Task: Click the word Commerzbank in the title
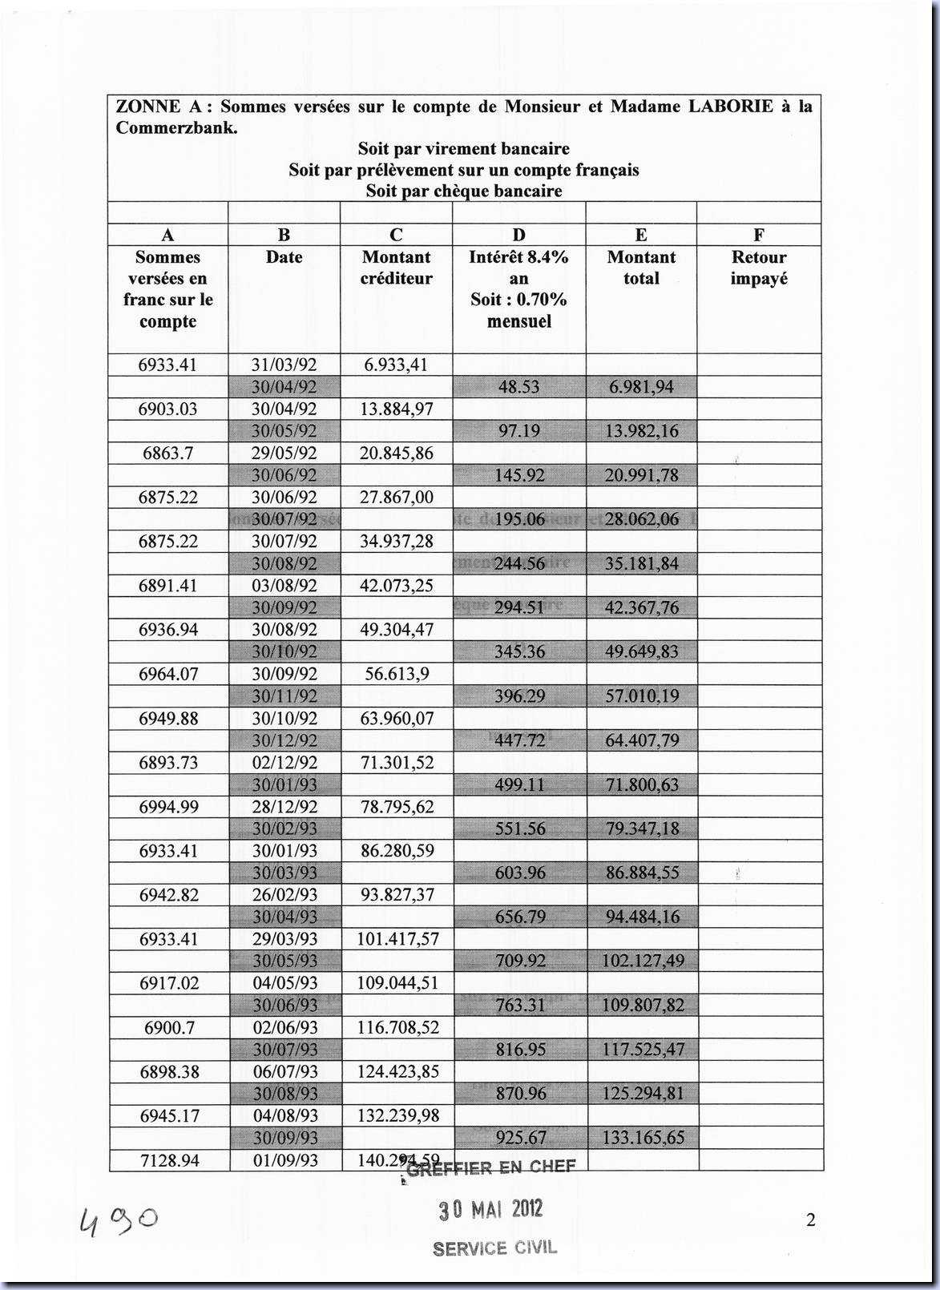point(175,127)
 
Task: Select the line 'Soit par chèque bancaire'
point(464,191)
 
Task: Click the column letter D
point(518,235)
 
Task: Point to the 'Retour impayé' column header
point(759,268)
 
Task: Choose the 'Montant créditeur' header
point(396,268)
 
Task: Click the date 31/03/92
point(284,365)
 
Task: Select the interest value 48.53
point(518,387)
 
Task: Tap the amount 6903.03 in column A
point(167,409)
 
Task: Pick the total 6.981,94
point(641,387)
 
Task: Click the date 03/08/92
point(284,586)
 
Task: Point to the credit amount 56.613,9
point(397,674)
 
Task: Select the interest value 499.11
point(519,784)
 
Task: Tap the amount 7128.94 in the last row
point(168,1160)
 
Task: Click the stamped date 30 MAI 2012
point(490,1210)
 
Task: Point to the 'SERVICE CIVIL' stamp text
point(494,1248)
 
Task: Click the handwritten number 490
point(119,1221)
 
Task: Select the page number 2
point(810,1220)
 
